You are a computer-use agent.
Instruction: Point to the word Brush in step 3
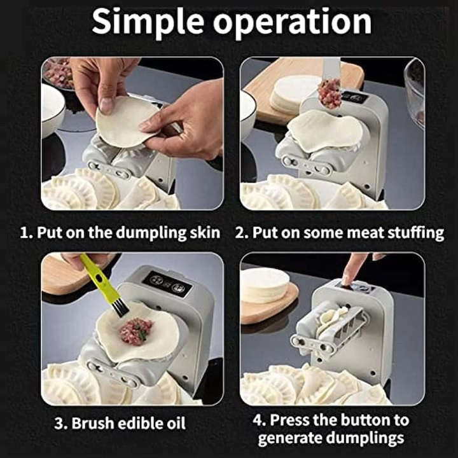click(92, 423)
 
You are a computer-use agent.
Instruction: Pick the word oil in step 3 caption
click(176, 423)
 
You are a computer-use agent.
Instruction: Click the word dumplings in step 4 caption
click(365, 439)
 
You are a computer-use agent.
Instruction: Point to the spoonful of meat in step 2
click(330, 94)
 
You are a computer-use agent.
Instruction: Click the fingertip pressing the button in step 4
click(348, 281)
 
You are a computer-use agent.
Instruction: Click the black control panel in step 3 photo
click(167, 284)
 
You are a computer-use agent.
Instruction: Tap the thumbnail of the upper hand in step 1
click(106, 105)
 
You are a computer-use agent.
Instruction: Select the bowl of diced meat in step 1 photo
click(58, 73)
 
